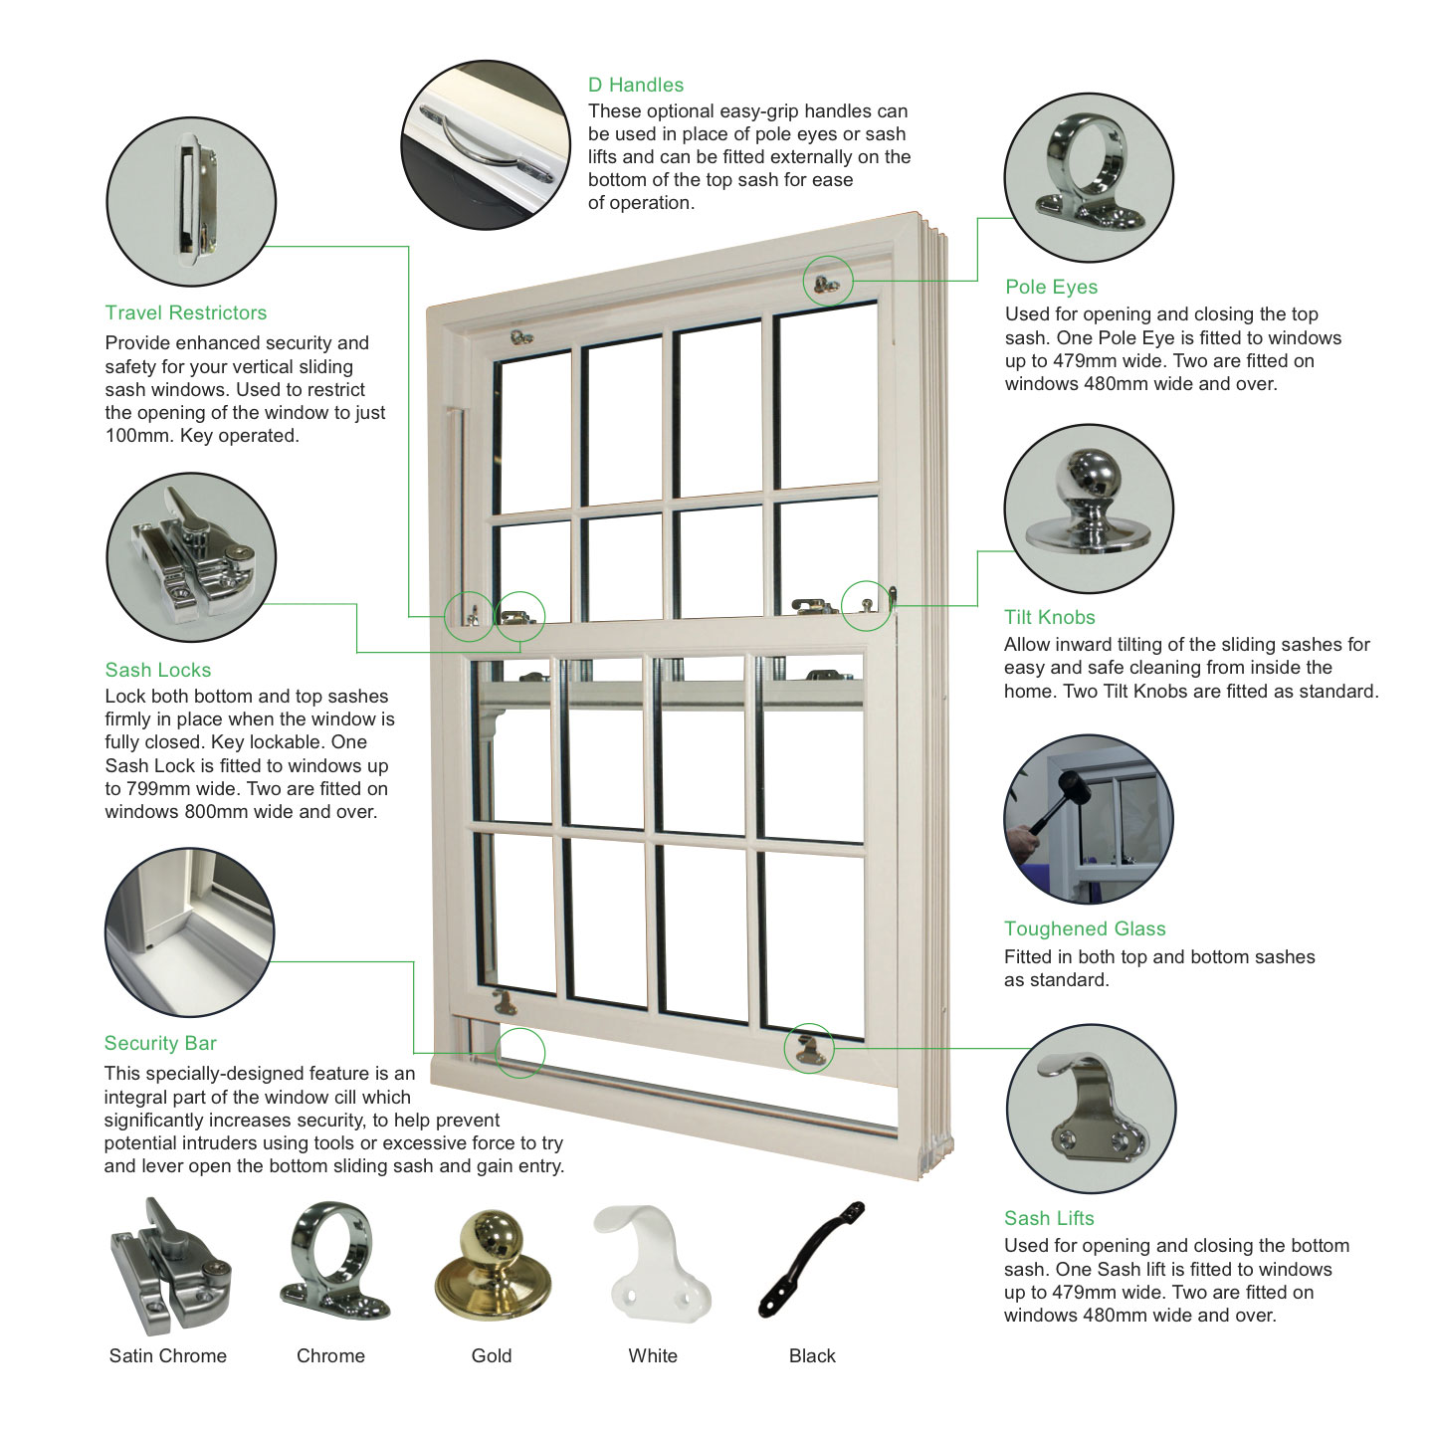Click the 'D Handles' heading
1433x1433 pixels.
point(635,85)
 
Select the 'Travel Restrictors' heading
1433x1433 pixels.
point(186,312)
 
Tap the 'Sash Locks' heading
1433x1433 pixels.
point(157,670)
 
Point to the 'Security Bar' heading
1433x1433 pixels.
point(160,1043)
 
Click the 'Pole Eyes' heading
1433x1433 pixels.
point(1051,287)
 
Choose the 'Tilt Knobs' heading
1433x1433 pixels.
point(1049,617)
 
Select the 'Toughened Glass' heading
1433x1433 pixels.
point(1084,928)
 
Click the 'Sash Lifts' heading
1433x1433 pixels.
point(1048,1218)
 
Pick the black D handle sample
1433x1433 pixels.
point(811,1259)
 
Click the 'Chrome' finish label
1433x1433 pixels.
point(330,1355)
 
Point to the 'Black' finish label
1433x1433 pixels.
point(812,1355)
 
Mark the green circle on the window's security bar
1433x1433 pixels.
point(519,1052)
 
